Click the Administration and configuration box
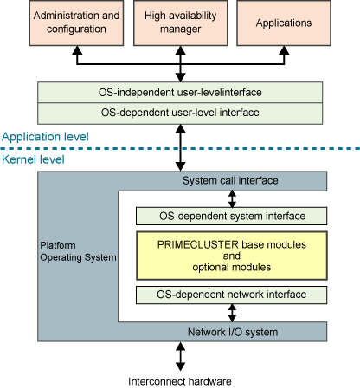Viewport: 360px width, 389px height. pos(76,23)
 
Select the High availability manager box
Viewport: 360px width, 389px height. pos(181,23)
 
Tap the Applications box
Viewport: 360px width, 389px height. pos(284,23)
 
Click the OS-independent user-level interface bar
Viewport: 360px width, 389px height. pos(180,93)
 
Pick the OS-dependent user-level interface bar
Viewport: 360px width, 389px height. pos(180,113)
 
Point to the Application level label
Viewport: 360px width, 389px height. pos(45,137)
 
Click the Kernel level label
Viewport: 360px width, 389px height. pos(33,159)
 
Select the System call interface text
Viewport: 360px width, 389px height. pos(230,181)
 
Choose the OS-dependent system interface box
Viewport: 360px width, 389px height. pos(232,216)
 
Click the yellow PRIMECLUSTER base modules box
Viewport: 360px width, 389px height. pos(232,256)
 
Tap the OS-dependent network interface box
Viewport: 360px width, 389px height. pos(232,295)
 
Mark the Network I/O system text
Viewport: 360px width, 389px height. pos(233,332)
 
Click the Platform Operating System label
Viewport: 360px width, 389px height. pos(78,251)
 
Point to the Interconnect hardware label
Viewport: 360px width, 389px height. pos(180,381)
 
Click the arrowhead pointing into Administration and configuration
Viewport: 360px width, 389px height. pos(77,50)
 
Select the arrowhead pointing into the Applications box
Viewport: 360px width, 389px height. pos(285,50)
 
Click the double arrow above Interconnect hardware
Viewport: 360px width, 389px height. pos(180,356)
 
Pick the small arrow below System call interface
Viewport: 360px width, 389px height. pos(232,199)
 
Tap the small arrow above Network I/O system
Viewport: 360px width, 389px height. pos(232,313)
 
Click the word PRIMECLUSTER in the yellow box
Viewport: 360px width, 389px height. pos(198,244)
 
